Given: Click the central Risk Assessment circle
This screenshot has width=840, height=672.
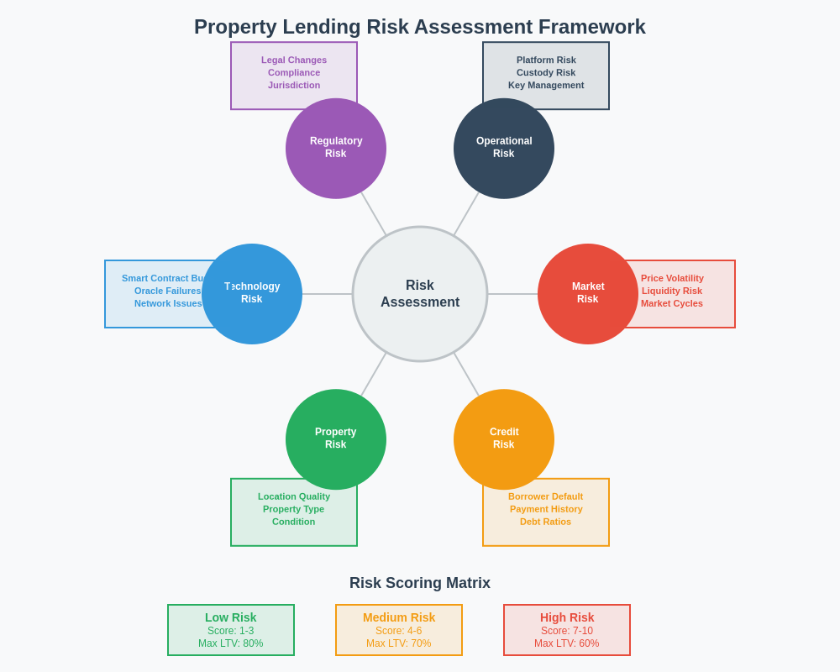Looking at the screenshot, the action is coord(420,294).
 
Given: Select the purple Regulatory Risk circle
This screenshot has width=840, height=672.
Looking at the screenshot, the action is coord(336,148).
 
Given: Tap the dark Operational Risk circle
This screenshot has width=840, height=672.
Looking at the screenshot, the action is coord(504,148).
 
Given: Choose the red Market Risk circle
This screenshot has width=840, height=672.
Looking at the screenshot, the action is coord(588,294).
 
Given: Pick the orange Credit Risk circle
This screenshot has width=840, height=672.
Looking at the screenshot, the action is coord(504,438).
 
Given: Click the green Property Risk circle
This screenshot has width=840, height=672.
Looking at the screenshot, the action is coord(336,438).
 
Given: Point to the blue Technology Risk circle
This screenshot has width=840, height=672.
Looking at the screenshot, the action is coord(252,294).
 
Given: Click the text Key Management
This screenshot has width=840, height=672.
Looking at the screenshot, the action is coord(546,85).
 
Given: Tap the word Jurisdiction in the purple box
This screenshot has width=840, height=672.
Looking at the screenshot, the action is coord(294,85).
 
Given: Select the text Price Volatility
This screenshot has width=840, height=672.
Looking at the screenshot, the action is coord(672,278).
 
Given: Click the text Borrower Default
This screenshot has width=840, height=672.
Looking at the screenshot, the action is coord(545,496).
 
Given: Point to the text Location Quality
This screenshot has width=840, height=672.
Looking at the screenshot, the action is coord(294,496).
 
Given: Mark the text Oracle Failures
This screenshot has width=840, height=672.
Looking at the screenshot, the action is coord(168,291).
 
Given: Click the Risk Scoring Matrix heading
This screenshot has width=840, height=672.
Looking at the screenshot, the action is coord(420,583).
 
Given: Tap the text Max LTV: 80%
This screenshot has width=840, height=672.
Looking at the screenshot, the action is coord(231,643).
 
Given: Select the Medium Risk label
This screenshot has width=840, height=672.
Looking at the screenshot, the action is coord(399,617).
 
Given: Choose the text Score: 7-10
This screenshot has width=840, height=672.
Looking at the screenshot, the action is coord(567,631).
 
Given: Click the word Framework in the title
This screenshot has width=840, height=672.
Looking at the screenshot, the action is coord(592,27).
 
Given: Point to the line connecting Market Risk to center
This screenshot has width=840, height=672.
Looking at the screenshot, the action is coord(512,294).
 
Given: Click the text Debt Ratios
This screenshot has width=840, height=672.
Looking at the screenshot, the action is coord(545,522).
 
